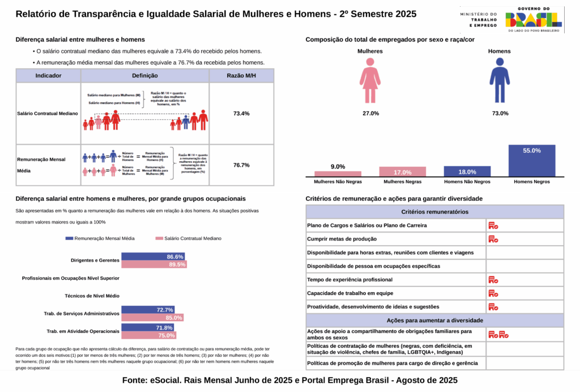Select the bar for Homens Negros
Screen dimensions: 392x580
tap(532, 161)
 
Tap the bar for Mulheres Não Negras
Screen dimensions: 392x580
tap(338, 174)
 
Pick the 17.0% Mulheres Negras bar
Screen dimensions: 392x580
tap(402, 172)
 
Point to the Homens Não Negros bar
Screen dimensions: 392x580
tap(467, 171)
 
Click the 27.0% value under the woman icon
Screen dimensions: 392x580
tap(370, 113)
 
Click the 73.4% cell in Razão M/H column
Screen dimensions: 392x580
tap(241, 113)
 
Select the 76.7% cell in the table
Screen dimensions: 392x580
tap(241, 165)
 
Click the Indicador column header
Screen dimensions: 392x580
tap(48, 75)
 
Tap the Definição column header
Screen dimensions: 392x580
tap(145, 75)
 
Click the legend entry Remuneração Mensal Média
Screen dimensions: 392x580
tap(100, 238)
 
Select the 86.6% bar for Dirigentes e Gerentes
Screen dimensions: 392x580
tap(153, 256)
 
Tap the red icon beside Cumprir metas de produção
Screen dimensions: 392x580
tap(493, 239)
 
